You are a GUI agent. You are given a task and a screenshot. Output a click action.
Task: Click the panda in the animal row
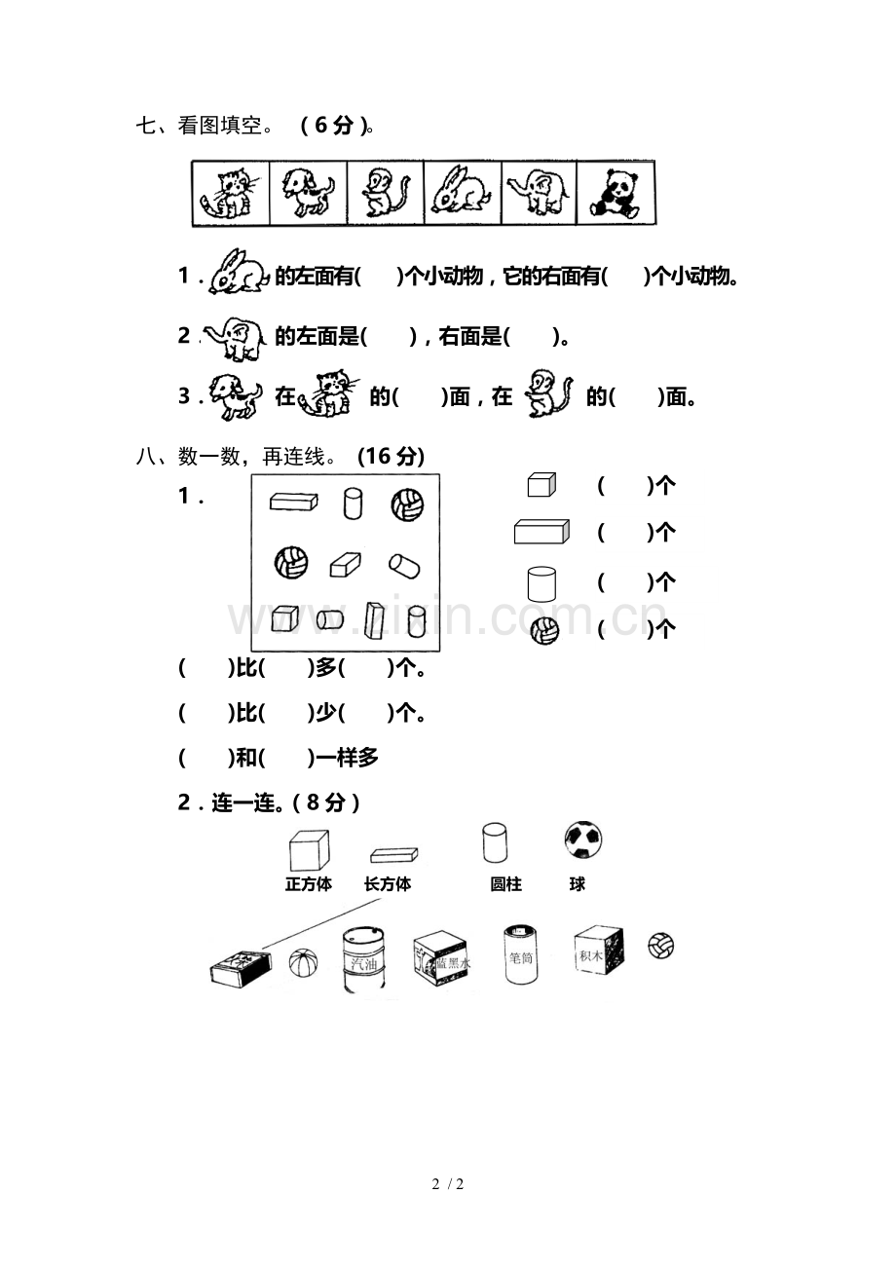[615, 194]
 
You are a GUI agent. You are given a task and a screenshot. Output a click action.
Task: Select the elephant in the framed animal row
[538, 194]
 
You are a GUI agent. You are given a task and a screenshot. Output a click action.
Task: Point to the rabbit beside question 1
[239, 273]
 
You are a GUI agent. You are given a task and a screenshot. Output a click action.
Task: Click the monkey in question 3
[548, 392]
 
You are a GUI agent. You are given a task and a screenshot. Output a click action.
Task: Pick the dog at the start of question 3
[236, 396]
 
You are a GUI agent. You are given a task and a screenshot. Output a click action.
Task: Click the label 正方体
[309, 883]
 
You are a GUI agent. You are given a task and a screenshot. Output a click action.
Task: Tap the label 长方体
[388, 883]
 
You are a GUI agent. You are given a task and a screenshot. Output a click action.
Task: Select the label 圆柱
[506, 883]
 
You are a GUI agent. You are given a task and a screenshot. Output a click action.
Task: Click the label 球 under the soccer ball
[578, 883]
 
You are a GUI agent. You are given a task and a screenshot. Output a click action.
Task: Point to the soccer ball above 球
[583, 839]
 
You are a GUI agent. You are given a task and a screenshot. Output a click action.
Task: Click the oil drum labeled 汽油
[363, 958]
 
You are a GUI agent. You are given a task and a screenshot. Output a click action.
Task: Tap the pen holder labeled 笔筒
[521, 953]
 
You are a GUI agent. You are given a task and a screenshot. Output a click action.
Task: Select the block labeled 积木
[599, 951]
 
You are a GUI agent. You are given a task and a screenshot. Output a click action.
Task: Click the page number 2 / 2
[448, 1183]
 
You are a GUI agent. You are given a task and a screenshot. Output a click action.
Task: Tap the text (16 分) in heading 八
[392, 456]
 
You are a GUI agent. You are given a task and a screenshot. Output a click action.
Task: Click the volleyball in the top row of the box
[407, 504]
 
